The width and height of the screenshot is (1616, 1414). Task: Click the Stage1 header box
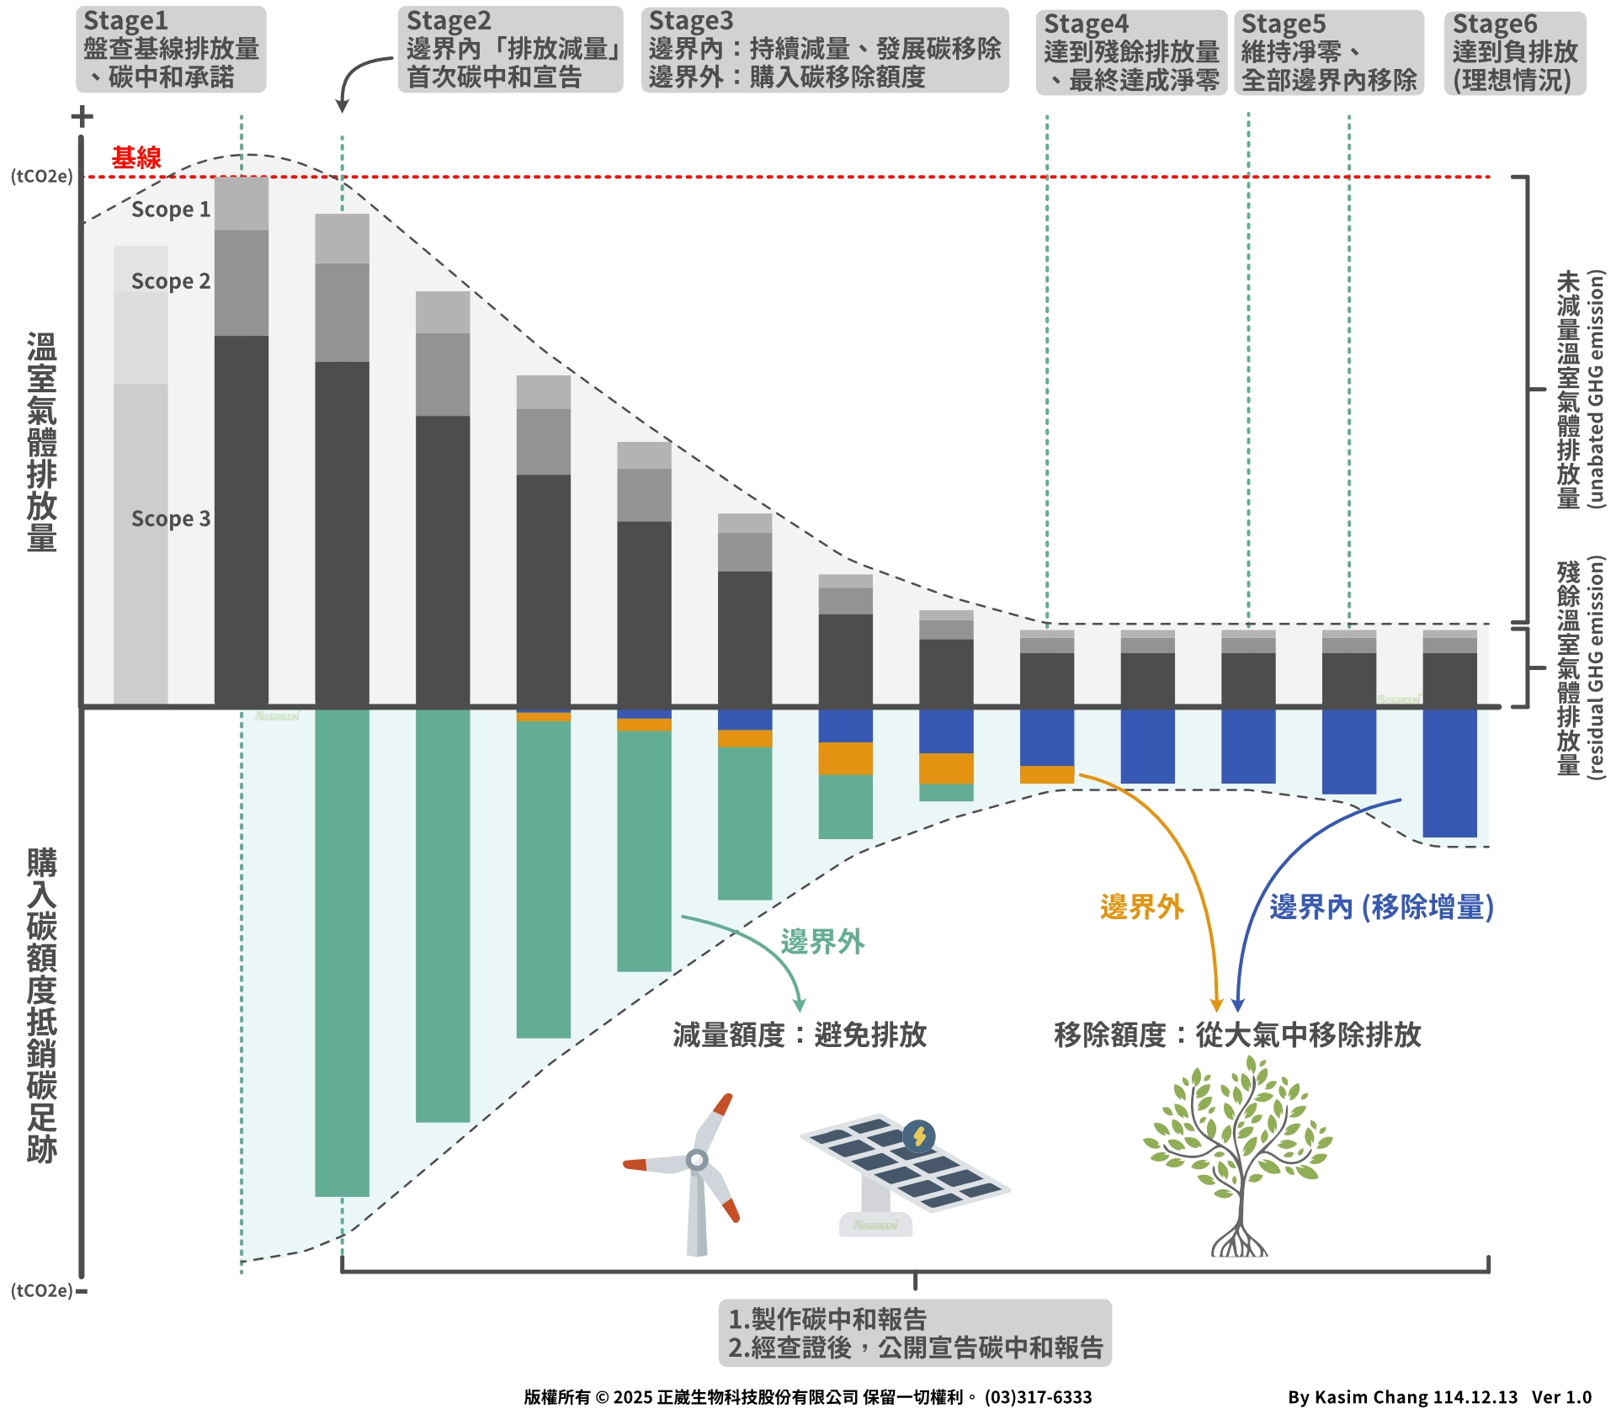point(171,50)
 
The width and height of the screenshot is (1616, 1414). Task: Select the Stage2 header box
point(511,50)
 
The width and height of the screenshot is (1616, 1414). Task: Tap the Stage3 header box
point(825,50)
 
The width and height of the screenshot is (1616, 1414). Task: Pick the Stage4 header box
point(1131,53)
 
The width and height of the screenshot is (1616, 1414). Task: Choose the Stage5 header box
point(1329,53)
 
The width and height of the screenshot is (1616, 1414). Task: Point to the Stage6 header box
point(1515,53)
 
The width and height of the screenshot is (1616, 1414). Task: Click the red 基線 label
point(136,157)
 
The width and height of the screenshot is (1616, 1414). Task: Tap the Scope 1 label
point(171,210)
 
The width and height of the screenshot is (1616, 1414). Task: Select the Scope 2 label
point(171,281)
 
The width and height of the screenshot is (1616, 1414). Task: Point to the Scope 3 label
point(171,518)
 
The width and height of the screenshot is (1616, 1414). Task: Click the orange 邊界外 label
point(1141,906)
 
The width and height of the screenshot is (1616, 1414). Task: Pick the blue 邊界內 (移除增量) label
point(1381,906)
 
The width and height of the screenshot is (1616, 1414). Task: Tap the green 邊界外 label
point(822,941)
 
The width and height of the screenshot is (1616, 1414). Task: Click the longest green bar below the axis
point(342,951)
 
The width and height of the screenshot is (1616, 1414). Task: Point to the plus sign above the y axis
point(82,116)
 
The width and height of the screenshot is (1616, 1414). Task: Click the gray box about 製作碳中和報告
point(915,1332)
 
